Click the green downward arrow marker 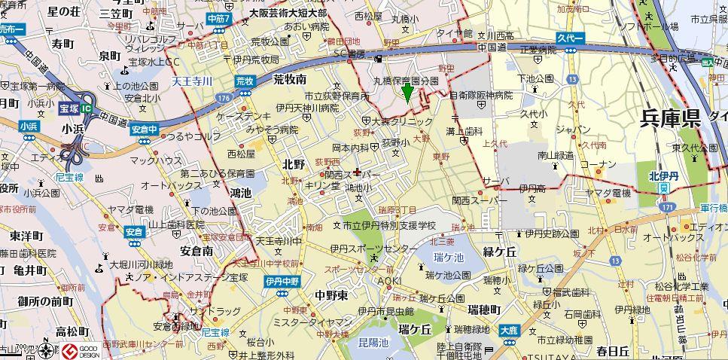pos(407,93)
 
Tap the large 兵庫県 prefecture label pos(670,118)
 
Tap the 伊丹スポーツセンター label pos(373,249)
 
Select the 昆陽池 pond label pos(373,343)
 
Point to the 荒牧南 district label pos(290,78)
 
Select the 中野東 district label pos(331,294)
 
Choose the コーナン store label pos(599,164)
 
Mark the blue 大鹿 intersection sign pos(509,330)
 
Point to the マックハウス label pos(156,160)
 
